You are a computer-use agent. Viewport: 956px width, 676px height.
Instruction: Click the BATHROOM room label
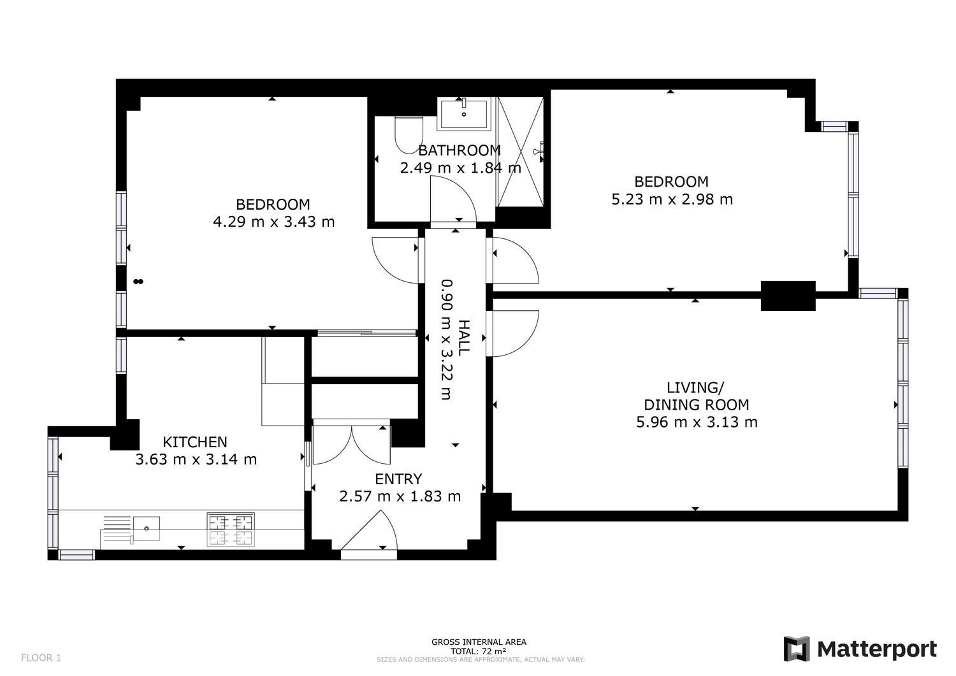tap(460, 150)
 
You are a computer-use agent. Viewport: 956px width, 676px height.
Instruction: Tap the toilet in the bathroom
tap(409, 134)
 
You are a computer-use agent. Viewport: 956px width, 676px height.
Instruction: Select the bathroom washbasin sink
tap(463, 114)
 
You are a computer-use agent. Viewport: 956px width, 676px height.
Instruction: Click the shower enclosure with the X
tap(521, 152)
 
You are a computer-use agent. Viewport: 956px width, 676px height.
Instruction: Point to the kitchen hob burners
tap(231, 529)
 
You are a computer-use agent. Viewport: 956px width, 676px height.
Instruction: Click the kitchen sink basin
tap(147, 528)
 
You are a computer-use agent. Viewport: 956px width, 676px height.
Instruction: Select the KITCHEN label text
tap(195, 442)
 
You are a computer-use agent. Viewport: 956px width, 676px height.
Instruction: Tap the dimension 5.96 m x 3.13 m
tap(697, 422)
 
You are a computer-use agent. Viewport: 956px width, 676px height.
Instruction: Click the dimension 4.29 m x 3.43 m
tap(273, 222)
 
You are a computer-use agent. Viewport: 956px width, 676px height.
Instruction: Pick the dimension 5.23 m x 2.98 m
tap(672, 199)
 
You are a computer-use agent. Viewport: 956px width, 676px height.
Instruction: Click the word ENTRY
tap(398, 479)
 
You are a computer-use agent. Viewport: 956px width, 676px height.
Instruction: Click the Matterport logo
tap(860, 649)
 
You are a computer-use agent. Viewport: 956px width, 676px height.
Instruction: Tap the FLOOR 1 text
tap(41, 658)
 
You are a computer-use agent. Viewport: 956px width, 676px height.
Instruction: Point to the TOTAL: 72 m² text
tap(479, 651)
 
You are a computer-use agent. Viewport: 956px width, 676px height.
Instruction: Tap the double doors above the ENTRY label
tap(351, 444)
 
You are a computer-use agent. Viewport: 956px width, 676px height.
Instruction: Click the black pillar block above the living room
tap(788, 296)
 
